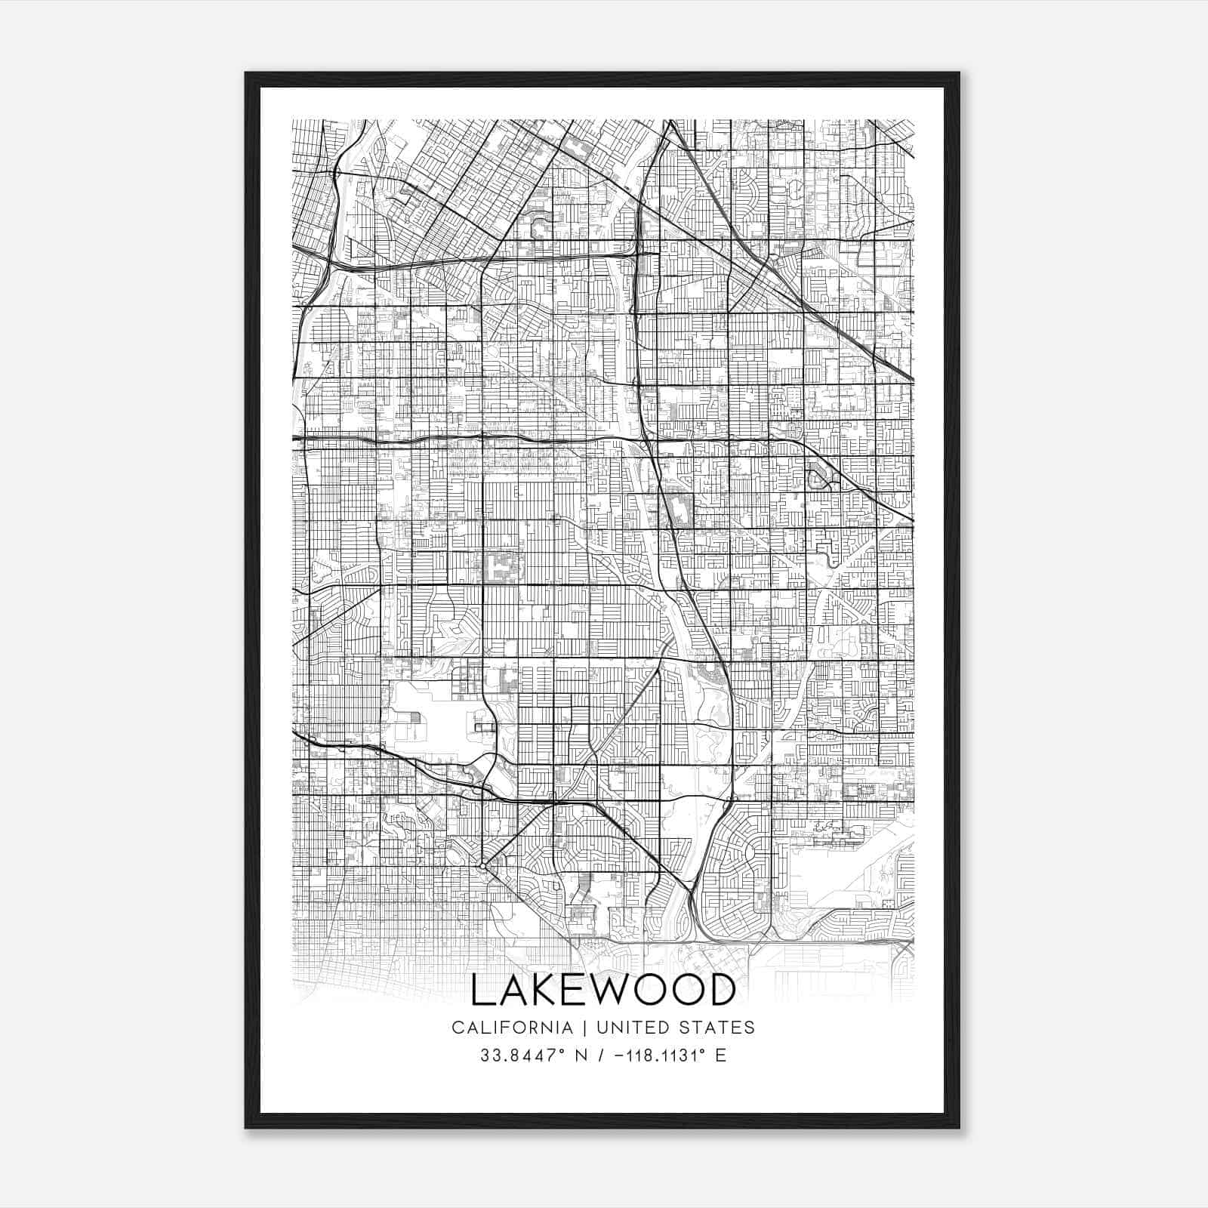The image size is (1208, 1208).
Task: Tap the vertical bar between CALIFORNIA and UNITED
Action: [584, 1028]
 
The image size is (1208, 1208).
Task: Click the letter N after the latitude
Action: [581, 1055]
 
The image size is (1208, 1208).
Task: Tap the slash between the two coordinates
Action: [602, 1055]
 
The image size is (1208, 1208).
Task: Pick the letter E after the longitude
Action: [721, 1055]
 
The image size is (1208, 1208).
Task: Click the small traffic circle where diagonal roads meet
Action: [483, 866]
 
